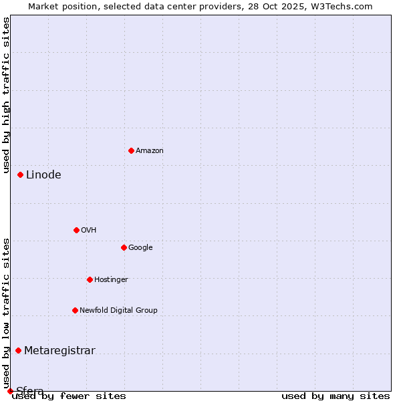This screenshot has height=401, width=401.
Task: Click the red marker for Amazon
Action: click(x=131, y=150)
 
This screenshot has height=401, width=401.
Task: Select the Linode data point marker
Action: click(x=21, y=175)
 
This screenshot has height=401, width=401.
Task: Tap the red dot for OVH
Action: click(x=76, y=230)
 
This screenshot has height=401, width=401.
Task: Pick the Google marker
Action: click(x=124, y=247)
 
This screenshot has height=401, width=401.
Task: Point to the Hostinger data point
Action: click(x=90, y=279)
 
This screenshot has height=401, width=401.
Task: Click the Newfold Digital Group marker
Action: click(x=75, y=310)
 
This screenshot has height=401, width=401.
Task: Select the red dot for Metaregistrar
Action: click(x=19, y=351)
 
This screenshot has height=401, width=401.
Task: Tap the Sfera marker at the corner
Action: click(x=10, y=391)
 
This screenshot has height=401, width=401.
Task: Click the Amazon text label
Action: click(x=150, y=151)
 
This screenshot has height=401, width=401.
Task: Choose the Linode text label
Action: click(x=43, y=175)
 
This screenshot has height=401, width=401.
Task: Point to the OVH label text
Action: click(x=89, y=231)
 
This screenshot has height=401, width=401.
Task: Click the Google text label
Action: click(x=140, y=248)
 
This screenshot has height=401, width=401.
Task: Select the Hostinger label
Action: click(x=111, y=280)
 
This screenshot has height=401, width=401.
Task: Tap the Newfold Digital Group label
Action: click(x=118, y=311)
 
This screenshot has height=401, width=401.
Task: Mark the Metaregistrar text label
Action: click(x=59, y=351)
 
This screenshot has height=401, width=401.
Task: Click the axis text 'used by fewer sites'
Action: click(x=69, y=396)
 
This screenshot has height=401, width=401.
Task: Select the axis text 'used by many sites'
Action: click(x=336, y=396)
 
